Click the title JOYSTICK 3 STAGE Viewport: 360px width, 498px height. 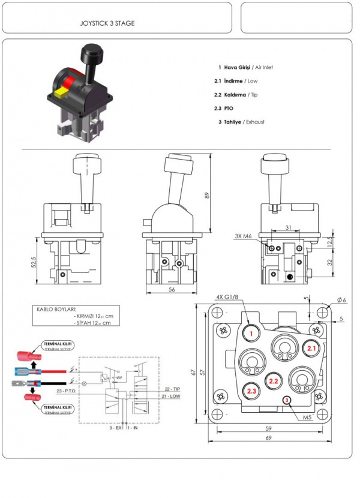click(107, 23)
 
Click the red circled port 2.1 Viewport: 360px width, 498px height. click(311, 348)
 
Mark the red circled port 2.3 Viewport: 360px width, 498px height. click(252, 391)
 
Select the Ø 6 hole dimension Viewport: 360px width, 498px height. click(341, 299)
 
